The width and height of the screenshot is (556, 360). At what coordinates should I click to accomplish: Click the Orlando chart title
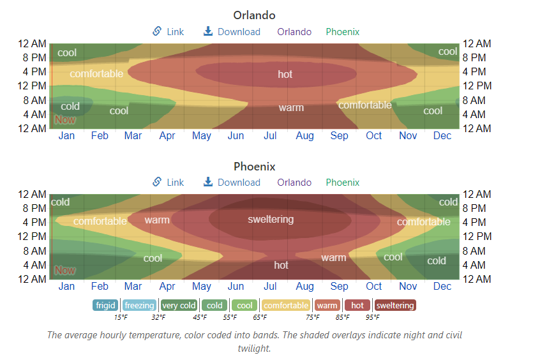pos(254,15)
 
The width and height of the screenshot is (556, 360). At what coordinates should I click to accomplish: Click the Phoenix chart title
pos(254,167)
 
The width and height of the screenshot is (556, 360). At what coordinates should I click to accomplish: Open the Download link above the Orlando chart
pos(232,32)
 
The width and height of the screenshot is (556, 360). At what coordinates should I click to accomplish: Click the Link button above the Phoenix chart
pos(168,183)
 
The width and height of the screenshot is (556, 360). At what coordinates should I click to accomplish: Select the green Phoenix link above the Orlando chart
pos(343,32)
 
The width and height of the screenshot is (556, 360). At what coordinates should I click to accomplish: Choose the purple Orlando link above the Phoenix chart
pos(294,183)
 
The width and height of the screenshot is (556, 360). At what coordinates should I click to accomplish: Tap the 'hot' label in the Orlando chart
pos(285,75)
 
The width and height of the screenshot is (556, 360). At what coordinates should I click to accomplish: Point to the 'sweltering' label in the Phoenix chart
pos(271,220)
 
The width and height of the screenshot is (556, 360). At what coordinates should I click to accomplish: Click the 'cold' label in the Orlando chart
pos(70,107)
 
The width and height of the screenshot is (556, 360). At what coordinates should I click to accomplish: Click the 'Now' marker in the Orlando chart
pos(64,119)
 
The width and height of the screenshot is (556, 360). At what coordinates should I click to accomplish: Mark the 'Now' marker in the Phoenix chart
pos(64,270)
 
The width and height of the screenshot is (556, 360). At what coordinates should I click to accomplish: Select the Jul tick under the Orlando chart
pos(270,136)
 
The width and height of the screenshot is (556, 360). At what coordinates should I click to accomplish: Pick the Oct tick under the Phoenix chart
pos(374,287)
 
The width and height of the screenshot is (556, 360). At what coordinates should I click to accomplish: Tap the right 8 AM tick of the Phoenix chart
pos(477,251)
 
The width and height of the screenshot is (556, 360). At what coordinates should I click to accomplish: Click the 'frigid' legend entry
pos(105,306)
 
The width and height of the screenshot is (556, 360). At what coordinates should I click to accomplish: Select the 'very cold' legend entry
pos(179,306)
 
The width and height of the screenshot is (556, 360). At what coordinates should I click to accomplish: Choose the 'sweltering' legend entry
pos(395,306)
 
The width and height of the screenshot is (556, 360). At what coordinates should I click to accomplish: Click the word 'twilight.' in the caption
pos(254,349)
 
